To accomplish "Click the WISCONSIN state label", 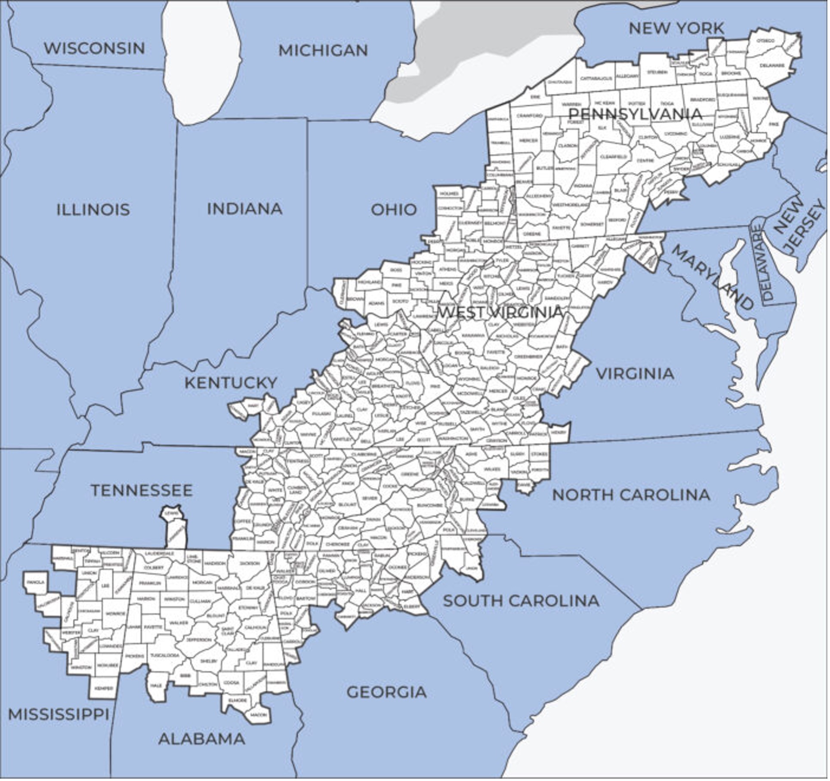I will (x=94, y=48).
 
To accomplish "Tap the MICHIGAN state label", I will (x=324, y=50).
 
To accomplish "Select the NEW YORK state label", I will (x=676, y=28).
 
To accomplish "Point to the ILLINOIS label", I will (x=93, y=210).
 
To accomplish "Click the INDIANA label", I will (x=244, y=209).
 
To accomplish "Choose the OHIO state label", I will (x=394, y=210).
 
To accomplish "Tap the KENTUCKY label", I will (x=231, y=383).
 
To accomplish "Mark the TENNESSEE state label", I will (x=142, y=490).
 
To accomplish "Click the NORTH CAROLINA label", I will (x=631, y=495).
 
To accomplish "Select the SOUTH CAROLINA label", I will (x=521, y=601).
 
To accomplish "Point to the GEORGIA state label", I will (x=387, y=692).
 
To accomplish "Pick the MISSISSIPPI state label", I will (x=59, y=714).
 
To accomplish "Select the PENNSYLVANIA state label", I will (x=635, y=114).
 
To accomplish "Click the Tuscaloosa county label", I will (x=164, y=655).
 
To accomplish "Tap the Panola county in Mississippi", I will (x=35, y=582).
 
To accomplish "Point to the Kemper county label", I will (x=104, y=688).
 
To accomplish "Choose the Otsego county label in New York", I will (x=765, y=41).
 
